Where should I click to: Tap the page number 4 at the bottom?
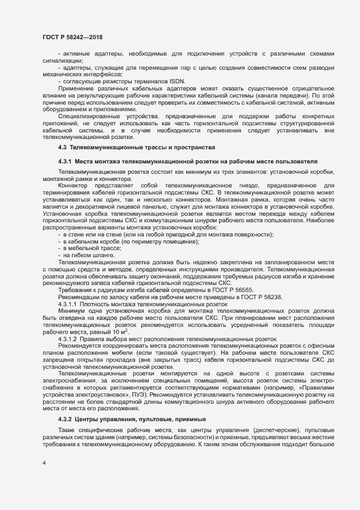click(44, 464)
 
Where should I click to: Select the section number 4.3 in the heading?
click(62, 148)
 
